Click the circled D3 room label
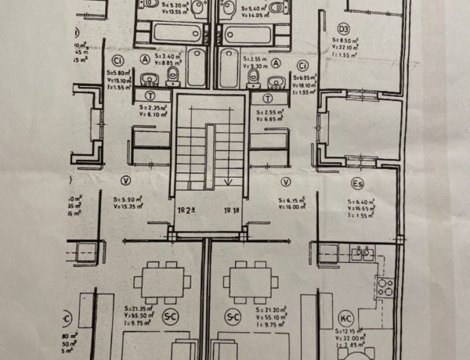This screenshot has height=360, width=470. click(x=343, y=31)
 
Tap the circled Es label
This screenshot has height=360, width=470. click(x=356, y=185)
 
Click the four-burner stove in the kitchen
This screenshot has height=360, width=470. click(x=385, y=287)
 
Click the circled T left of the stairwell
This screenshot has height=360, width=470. click(x=150, y=96)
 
